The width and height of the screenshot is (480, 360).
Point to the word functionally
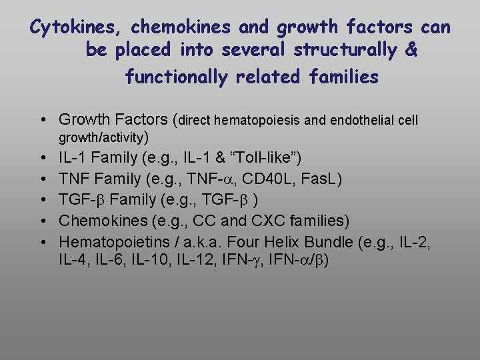[178, 77]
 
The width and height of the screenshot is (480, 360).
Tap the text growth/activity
[103, 138]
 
